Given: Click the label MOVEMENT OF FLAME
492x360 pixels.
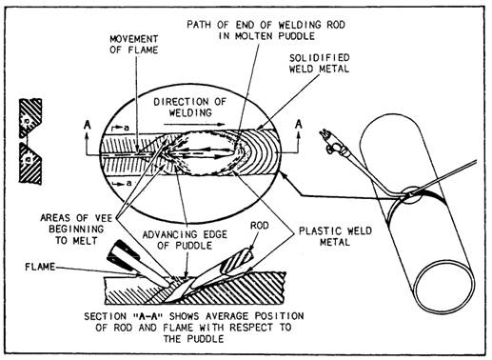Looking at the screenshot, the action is pyautogui.click(x=134, y=45).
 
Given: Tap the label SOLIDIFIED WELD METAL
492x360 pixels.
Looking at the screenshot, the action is pyautogui.click(x=319, y=63).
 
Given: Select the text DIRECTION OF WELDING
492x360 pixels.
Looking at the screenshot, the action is pyautogui.click(x=189, y=107).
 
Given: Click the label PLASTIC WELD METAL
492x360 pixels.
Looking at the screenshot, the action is pyautogui.click(x=335, y=236).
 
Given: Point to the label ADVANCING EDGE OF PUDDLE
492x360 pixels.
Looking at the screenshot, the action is pyautogui.click(x=185, y=240).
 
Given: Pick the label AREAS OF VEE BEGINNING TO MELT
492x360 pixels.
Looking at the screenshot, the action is pyautogui.click(x=76, y=229).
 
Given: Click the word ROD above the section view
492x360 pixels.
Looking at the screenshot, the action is pyautogui.click(x=260, y=226).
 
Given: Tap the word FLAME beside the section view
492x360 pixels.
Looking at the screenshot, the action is pyautogui.click(x=40, y=267).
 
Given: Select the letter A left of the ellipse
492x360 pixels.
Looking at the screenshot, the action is pyautogui.click(x=88, y=125).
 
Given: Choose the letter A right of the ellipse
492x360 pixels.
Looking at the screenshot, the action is pyautogui.click(x=299, y=124).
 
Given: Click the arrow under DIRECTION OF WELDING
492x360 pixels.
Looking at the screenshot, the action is pyautogui.click(x=194, y=125).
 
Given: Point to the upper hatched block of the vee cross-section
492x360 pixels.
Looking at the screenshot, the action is pyautogui.click(x=30, y=118).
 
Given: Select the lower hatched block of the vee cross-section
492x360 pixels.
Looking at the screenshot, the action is pyautogui.click(x=30, y=163).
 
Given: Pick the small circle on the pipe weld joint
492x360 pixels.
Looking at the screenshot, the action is pyautogui.click(x=411, y=194).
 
